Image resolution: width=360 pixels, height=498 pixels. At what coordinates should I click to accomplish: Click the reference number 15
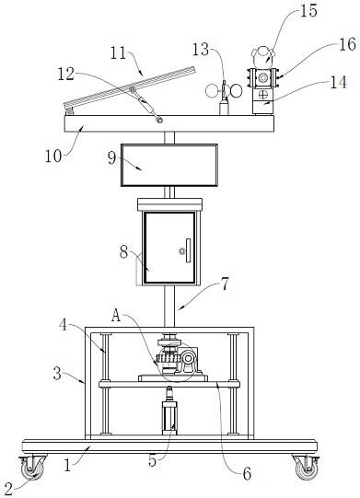coord(308,10)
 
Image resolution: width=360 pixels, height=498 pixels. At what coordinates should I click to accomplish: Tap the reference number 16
coord(347,44)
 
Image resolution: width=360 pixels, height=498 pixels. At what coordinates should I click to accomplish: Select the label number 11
coord(119,52)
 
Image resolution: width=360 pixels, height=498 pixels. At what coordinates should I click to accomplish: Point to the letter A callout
coord(116,316)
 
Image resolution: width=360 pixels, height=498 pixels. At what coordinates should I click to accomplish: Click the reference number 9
coord(111,157)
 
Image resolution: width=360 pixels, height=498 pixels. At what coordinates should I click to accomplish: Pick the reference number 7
coord(225,284)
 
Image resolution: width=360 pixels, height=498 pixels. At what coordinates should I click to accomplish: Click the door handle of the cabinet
coord(188,250)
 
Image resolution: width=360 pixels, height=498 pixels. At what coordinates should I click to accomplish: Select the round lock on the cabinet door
coord(181,251)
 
